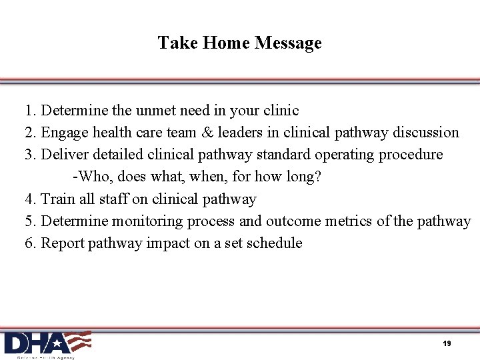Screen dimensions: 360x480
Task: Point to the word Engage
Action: pyautogui.click(x=65, y=133)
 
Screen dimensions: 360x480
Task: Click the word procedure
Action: pyautogui.click(x=411, y=155)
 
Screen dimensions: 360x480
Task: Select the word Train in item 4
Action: pyautogui.click(x=58, y=199)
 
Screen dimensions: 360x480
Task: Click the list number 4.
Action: pyautogui.click(x=29, y=199)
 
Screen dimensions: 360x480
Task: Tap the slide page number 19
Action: pyautogui.click(x=447, y=343)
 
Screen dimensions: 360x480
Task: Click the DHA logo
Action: pyautogui.click(x=47, y=344)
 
